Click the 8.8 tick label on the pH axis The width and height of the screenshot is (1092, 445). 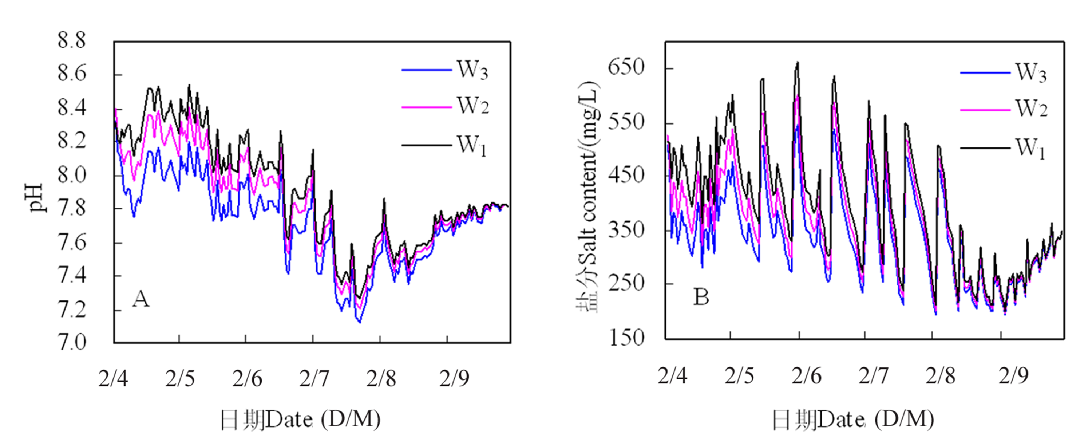click(71, 41)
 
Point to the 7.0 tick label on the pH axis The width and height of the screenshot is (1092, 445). click(71, 343)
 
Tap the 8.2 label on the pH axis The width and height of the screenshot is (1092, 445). click(71, 141)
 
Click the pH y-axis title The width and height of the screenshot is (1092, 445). click(37, 198)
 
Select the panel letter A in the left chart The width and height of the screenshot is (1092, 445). click(141, 299)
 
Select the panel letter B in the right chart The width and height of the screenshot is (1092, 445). click(701, 298)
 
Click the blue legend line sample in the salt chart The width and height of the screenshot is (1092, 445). click(985, 73)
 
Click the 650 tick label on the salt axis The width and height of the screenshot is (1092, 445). click(626, 67)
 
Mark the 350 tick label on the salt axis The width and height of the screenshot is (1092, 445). click(626, 230)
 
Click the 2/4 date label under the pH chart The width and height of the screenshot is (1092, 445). click(113, 378)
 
